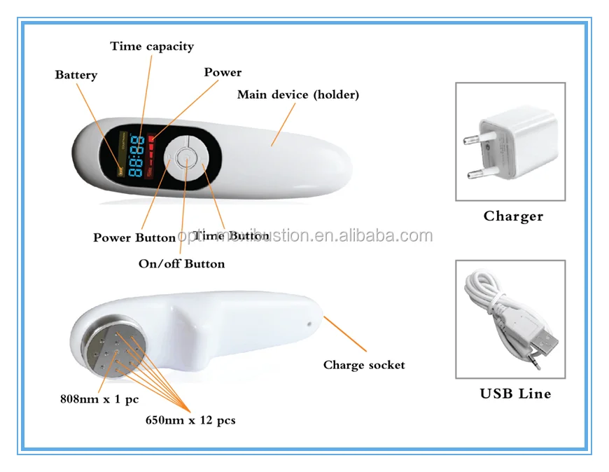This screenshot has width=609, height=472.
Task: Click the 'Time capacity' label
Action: point(152,47)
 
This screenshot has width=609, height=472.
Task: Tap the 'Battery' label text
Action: point(76,75)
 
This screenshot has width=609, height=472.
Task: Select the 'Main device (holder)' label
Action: point(297,95)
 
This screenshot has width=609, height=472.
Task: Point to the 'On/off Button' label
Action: point(181,264)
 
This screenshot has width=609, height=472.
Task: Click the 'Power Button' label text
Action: point(134,237)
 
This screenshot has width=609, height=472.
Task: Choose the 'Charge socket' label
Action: point(364,365)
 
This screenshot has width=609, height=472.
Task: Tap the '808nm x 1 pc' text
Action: point(99,400)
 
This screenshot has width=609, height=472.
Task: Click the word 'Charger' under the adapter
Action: point(513,216)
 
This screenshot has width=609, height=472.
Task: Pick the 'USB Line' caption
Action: point(515,394)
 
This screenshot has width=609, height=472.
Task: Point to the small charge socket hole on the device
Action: point(309,324)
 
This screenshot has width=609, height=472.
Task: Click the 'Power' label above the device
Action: point(223,72)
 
